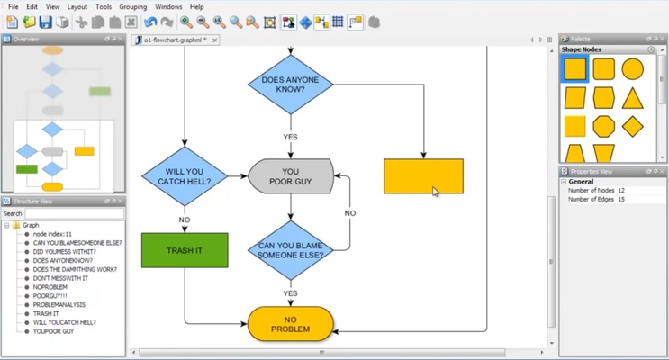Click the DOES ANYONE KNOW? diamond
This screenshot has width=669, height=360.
pyautogui.click(x=290, y=84)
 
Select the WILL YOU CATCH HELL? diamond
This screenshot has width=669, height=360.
pyautogui.click(x=184, y=175)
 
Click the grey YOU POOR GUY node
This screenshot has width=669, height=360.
pyautogui.click(x=290, y=176)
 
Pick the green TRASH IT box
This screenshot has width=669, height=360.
pyautogui.click(x=185, y=250)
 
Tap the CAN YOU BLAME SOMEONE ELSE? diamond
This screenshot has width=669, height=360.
pyautogui.click(x=290, y=249)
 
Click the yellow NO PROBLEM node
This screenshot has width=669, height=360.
pyautogui.click(x=290, y=324)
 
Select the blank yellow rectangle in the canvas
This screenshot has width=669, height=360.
pyautogui.click(x=423, y=176)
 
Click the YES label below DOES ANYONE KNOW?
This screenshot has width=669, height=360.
pyautogui.click(x=290, y=137)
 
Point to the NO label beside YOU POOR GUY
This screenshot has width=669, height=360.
pyautogui.click(x=350, y=213)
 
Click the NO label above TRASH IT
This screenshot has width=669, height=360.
pyautogui.click(x=185, y=220)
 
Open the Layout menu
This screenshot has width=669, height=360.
pyautogui.click(x=77, y=7)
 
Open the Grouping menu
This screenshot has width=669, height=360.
pyautogui.click(x=133, y=7)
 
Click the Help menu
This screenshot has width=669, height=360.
pyautogui.click(x=196, y=7)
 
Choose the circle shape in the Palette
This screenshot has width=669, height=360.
pyautogui.click(x=633, y=69)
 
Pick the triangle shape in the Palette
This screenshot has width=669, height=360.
pyautogui.click(x=633, y=97)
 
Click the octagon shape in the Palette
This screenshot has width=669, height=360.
pyautogui.click(x=604, y=126)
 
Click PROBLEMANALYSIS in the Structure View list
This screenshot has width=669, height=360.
pyautogui.click(x=59, y=305)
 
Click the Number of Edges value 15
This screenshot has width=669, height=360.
pyautogui.click(x=622, y=199)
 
